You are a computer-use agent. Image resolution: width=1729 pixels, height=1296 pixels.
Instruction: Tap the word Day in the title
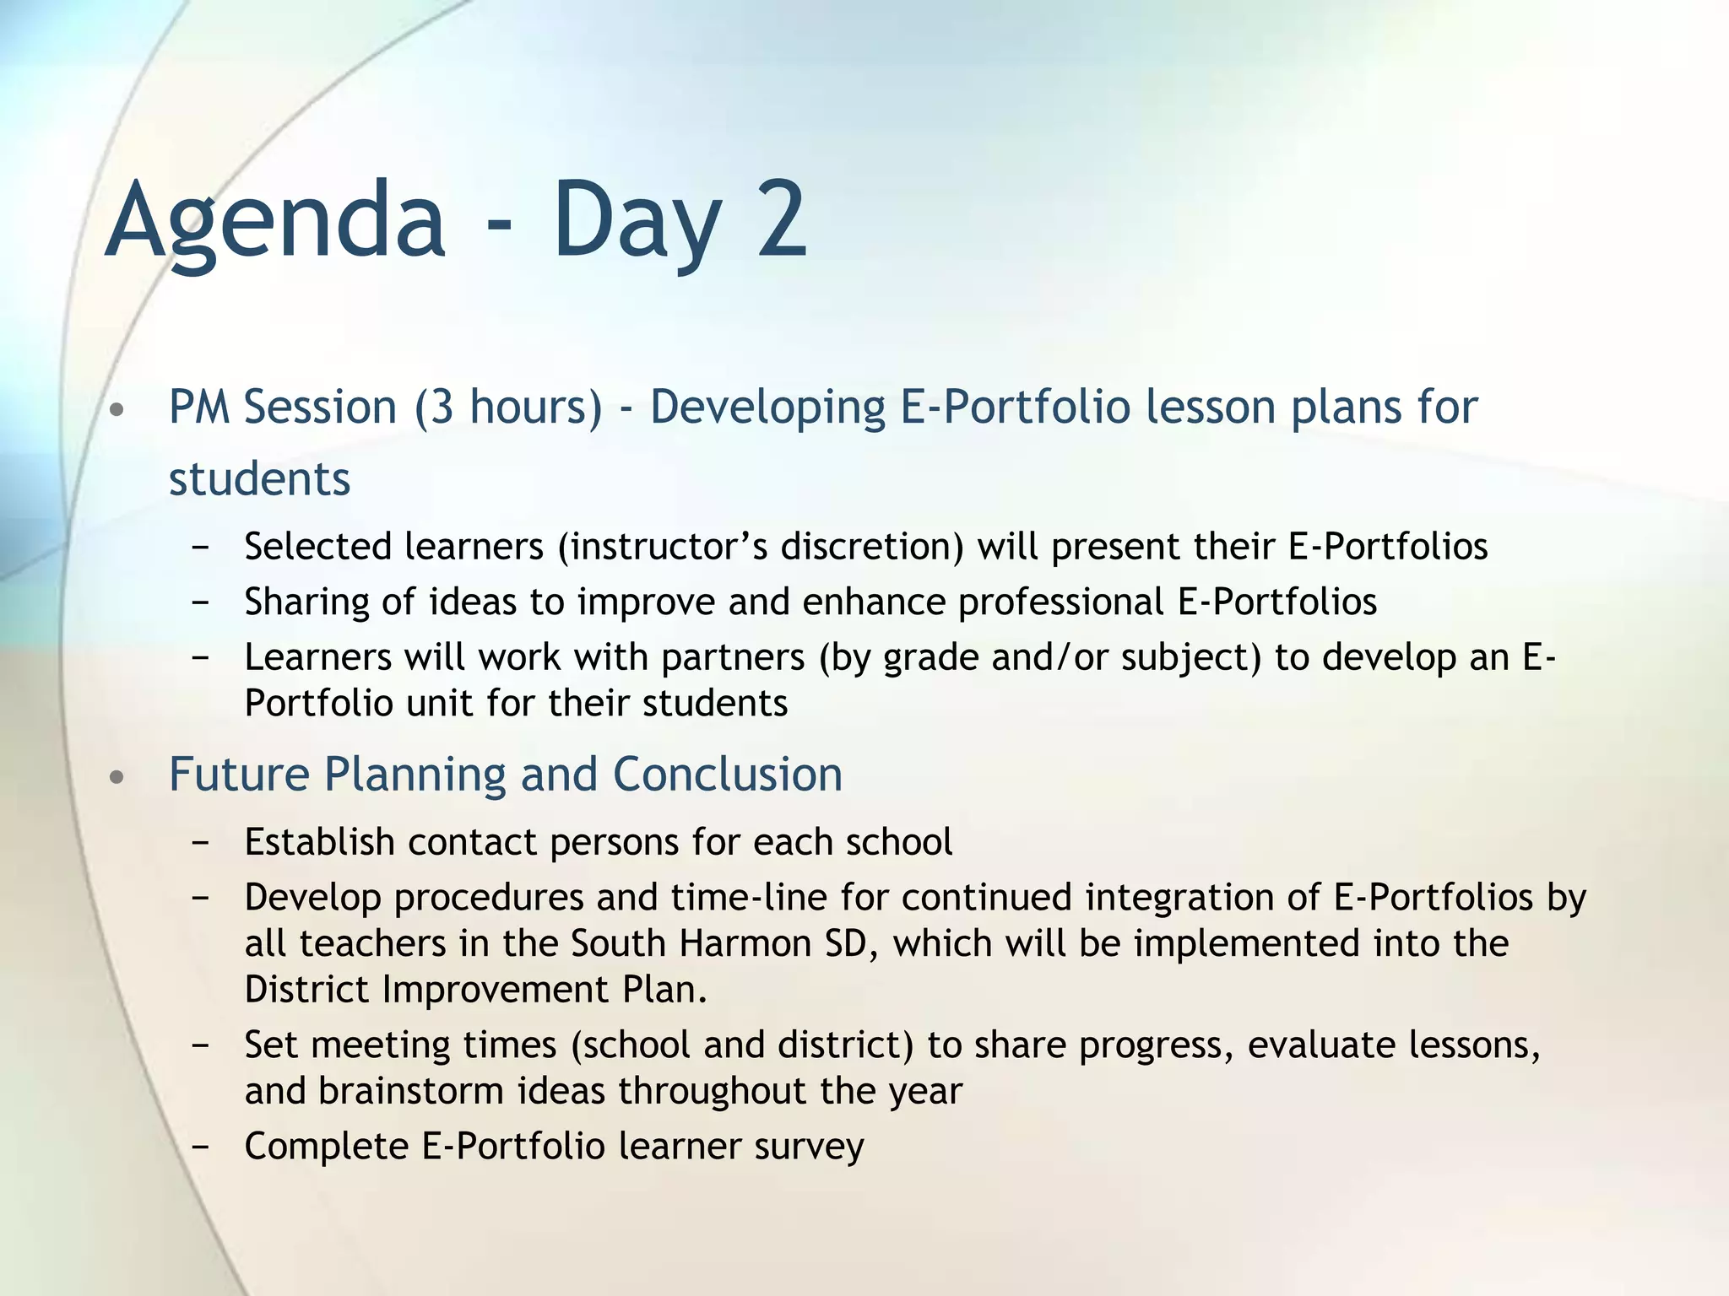(x=637, y=221)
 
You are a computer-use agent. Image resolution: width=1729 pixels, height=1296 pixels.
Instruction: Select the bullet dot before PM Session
(x=117, y=411)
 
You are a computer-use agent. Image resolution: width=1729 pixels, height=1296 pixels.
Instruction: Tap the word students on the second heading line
(x=259, y=480)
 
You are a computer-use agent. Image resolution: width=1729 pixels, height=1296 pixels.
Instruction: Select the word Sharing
(x=306, y=602)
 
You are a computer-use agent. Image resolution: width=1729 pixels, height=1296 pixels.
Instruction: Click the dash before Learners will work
(x=200, y=658)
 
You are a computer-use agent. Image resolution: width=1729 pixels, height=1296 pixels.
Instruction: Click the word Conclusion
(x=728, y=775)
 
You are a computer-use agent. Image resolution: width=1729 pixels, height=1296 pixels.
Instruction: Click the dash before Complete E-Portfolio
(x=200, y=1147)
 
